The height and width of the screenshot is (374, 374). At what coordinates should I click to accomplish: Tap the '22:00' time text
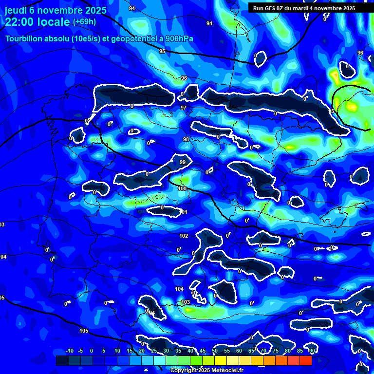(21, 22)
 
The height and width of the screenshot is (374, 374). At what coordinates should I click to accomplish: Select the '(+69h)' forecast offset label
(84, 22)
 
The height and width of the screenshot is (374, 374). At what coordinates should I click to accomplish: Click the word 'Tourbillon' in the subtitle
(24, 38)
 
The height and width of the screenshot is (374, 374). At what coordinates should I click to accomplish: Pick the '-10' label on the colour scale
(69, 351)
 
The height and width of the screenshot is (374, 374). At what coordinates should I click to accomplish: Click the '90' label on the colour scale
(312, 351)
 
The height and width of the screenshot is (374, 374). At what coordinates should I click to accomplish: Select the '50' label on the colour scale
(215, 351)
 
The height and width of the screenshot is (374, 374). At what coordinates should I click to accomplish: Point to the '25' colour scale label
(154, 351)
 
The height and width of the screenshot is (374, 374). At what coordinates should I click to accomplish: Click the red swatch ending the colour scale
(305, 360)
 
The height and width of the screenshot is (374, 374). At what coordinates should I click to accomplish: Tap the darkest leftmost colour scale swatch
(62, 360)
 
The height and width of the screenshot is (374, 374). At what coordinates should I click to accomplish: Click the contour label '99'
(183, 162)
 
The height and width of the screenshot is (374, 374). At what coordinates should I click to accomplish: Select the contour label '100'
(182, 188)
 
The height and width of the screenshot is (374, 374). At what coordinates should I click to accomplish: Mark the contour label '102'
(184, 236)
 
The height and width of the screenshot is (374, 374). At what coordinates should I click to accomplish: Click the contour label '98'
(186, 140)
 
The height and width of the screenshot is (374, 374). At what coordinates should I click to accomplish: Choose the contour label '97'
(184, 108)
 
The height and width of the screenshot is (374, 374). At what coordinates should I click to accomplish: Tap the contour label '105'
(84, 331)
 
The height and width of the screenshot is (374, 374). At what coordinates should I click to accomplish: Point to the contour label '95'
(162, 51)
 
